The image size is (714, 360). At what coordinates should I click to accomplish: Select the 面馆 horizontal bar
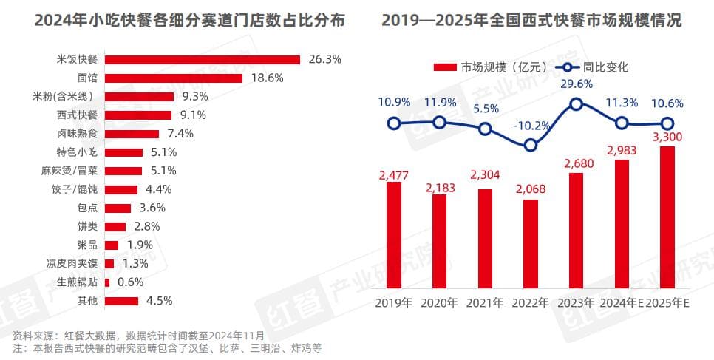tap(174, 78)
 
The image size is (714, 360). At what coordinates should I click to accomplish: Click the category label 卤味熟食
tap(78, 134)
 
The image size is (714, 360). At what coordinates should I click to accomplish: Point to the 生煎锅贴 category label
tap(78, 282)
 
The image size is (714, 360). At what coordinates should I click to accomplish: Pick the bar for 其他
tap(121, 301)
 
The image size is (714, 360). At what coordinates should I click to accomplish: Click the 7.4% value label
tap(178, 134)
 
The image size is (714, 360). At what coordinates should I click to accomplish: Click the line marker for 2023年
tap(577, 105)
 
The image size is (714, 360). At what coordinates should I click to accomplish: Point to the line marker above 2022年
tap(530, 146)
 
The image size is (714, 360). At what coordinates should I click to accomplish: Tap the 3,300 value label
tap(667, 137)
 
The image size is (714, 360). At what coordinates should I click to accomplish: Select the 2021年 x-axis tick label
tap(485, 303)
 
